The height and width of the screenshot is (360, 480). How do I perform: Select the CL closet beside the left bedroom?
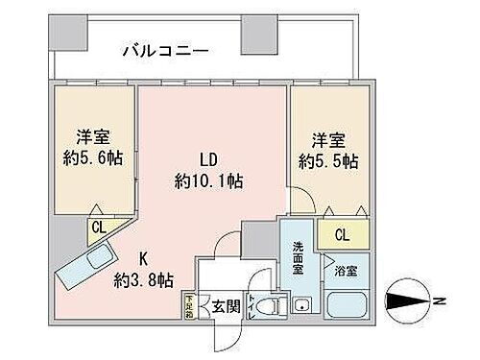[99, 227]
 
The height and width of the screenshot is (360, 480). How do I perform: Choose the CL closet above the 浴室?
[342, 233]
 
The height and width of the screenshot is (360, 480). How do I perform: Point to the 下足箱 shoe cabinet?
[189, 306]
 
